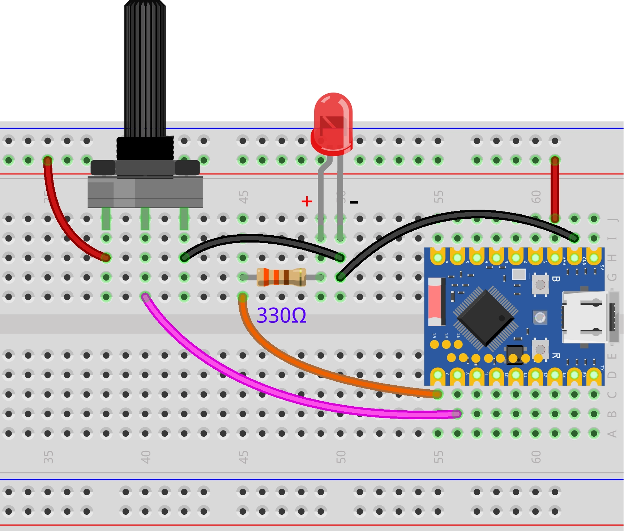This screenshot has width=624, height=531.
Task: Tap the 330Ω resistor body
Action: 281,277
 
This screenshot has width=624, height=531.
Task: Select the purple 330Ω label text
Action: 281,316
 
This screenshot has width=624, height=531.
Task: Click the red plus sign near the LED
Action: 307,201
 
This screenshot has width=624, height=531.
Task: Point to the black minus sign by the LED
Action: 354,202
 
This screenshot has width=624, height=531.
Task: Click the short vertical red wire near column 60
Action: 555,190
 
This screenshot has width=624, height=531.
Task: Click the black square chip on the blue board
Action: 485,318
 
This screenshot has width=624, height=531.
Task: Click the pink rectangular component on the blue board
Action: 435,301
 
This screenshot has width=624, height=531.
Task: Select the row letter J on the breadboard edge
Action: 612,219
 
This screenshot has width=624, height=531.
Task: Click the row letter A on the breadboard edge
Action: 612,433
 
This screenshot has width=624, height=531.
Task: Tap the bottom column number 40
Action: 146,457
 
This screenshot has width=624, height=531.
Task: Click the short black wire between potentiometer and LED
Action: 260,239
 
